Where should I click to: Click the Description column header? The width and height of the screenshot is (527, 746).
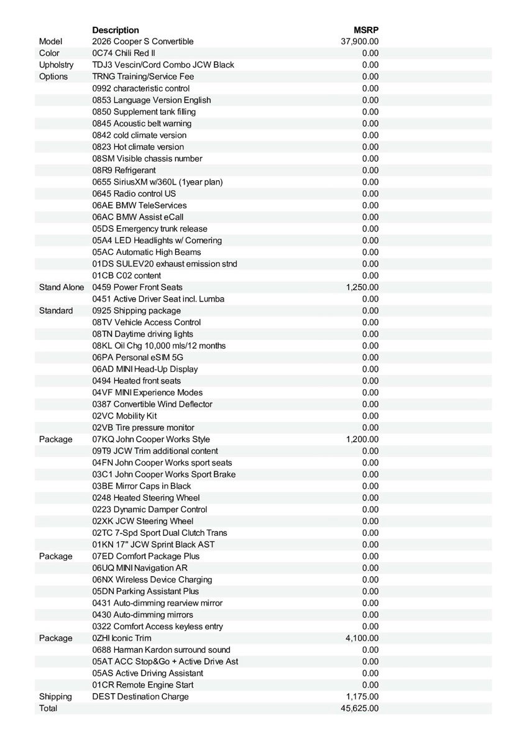point(116,30)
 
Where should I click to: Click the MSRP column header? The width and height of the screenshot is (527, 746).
point(366,30)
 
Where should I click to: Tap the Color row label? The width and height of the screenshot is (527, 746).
point(49,53)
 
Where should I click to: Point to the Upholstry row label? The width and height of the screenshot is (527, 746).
point(56,65)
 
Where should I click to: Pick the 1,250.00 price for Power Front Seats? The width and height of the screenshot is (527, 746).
point(362,287)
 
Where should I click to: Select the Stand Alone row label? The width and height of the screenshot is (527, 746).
point(62,287)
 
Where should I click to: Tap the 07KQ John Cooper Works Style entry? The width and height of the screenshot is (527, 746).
point(151,440)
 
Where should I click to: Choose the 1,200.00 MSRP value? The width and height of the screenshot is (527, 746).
point(362,440)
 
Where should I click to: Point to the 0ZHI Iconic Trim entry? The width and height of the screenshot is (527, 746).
point(122,638)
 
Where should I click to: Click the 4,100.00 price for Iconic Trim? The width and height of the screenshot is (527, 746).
point(362,638)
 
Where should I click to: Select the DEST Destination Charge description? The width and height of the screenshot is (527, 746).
point(140,697)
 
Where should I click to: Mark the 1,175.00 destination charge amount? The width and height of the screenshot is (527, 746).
point(362,697)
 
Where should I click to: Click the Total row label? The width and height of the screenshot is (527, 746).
point(48,709)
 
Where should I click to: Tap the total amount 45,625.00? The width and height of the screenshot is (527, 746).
point(360,709)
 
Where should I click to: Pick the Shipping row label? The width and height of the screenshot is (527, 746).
point(55,697)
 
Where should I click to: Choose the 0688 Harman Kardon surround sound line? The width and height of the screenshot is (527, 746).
point(161,650)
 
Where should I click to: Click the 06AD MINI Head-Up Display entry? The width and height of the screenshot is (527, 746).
point(145,369)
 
